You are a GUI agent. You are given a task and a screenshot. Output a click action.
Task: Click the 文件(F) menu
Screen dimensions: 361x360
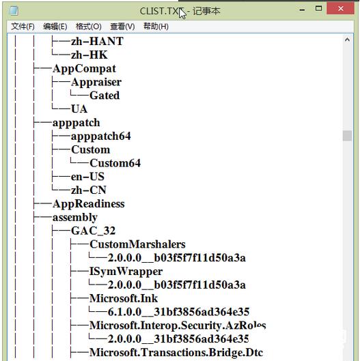point(23,27)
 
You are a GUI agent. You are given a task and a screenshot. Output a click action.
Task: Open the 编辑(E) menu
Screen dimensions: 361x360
point(55,27)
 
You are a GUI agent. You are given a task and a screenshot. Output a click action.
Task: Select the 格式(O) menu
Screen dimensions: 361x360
point(89,27)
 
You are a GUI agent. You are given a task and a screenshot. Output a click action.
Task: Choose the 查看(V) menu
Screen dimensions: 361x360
point(122,27)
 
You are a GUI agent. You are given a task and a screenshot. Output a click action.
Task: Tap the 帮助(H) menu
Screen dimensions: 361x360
point(156,27)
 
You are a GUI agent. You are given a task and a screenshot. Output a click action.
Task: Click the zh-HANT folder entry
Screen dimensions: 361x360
point(97,41)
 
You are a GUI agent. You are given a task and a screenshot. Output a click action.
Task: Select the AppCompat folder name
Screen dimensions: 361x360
point(84,68)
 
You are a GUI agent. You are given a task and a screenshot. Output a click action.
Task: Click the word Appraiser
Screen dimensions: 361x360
point(96,82)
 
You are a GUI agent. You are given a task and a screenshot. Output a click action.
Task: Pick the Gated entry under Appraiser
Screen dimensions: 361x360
point(105,96)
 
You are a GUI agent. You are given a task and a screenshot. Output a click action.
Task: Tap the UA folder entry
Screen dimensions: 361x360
point(79,109)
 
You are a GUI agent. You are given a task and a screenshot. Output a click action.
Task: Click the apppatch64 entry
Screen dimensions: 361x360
point(100,136)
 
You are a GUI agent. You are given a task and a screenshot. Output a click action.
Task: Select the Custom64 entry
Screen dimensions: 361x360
point(115,163)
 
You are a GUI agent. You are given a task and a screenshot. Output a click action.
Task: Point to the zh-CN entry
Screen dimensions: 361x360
point(89,190)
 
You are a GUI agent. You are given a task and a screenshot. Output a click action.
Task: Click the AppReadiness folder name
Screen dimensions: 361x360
point(89,203)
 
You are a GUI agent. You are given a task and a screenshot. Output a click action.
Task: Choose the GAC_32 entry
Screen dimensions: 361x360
point(93,231)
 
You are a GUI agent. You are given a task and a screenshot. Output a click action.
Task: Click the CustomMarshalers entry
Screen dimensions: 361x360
point(137,244)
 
